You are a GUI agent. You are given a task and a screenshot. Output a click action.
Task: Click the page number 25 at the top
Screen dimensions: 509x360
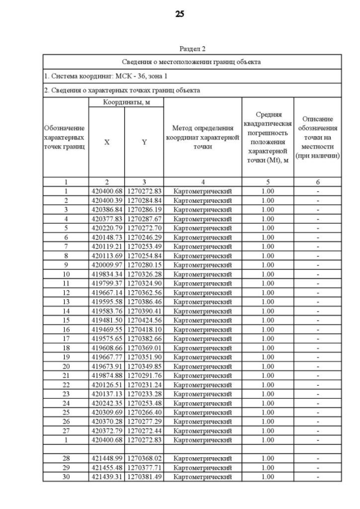pyautogui.click(x=179, y=14)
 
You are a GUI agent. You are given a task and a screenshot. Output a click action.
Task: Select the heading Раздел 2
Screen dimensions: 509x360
pyautogui.click(x=192, y=49)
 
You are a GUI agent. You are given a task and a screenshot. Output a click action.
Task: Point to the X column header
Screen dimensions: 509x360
pyautogui.click(x=106, y=142)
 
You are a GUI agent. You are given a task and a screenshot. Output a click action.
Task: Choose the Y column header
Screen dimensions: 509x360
pyautogui.click(x=144, y=142)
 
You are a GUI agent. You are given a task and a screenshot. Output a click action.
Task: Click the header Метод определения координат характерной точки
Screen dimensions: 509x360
pyautogui.click(x=202, y=138)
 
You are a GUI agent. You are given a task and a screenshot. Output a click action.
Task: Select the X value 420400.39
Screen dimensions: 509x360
pyautogui.click(x=106, y=200)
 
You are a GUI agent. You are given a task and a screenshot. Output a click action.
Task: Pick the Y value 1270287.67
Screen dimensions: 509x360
pyautogui.click(x=144, y=219)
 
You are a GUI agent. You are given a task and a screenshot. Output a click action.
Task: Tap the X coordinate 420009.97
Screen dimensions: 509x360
pyautogui.click(x=106, y=265)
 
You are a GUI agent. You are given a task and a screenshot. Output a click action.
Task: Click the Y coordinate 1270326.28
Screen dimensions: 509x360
pyautogui.click(x=144, y=274)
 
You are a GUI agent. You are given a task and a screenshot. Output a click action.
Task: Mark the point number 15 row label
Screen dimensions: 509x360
pyautogui.click(x=66, y=320)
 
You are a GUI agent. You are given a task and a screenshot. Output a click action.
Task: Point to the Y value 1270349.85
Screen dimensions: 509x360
pyautogui.click(x=144, y=366)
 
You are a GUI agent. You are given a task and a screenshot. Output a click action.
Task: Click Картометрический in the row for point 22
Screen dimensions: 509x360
pyautogui.click(x=202, y=385)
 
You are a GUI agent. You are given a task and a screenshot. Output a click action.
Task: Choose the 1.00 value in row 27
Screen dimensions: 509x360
pyautogui.click(x=268, y=431)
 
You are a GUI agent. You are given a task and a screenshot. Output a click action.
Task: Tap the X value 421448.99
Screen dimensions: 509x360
pyautogui.click(x=106, y=458)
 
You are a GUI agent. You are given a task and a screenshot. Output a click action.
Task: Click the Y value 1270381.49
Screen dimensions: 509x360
pyautogui.click(x=144, y=477)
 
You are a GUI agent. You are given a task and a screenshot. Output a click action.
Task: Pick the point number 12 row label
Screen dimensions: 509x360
pyautogui.click(x=66, y=292)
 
